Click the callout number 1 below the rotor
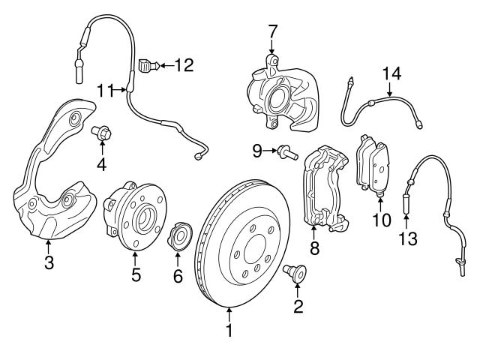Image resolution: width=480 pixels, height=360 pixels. click(230, 328)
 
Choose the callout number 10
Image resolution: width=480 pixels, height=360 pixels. click(382, 220)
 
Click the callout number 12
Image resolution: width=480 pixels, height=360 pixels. click(183, 65)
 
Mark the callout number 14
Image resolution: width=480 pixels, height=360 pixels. click(391, 73)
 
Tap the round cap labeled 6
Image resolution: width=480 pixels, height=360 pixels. click(180, 235)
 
